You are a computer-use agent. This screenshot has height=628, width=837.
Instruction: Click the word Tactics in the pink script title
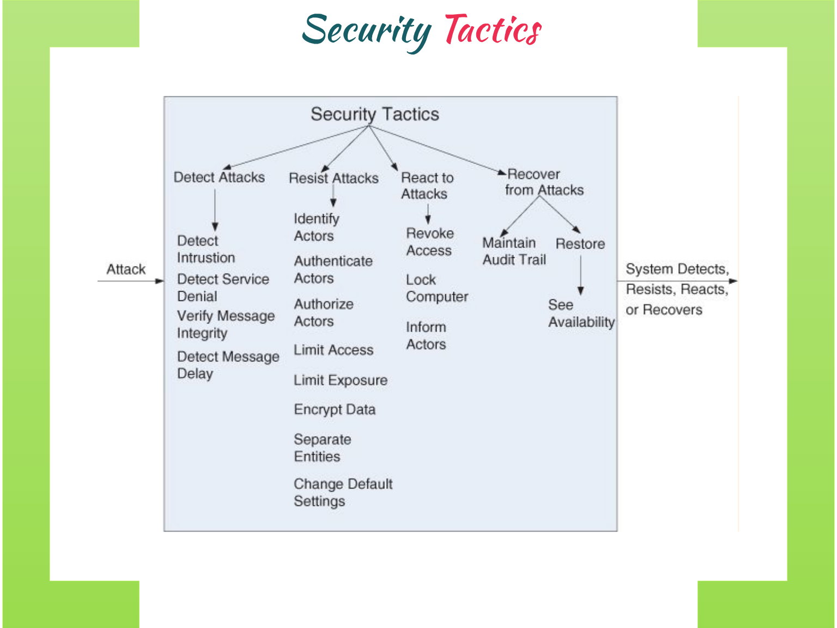click(493, 30)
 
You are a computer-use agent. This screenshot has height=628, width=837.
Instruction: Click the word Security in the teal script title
click(366, 31)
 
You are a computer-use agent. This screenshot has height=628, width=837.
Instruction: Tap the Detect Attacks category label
click(219, 177)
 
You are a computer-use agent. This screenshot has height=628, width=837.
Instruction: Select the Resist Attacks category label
click(333, 178)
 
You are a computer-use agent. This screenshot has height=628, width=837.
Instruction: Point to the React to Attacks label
click(427, 186)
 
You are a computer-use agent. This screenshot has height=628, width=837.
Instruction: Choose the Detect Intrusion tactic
click(205, 249)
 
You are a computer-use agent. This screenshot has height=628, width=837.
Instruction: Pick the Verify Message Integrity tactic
click(226, 324)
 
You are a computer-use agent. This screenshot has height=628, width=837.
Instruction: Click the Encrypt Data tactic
click(335, 409)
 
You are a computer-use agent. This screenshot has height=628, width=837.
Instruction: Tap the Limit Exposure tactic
click(341, 380)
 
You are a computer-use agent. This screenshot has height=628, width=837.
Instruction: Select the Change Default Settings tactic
click(343, 492)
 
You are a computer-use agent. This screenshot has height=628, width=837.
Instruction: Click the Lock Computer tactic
click(436, 288)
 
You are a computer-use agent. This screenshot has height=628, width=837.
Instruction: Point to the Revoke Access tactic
click(429, 242)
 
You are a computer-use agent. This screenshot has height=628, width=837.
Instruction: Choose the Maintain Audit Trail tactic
click(514, 251)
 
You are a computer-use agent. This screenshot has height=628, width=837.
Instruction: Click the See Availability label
click(581, 313)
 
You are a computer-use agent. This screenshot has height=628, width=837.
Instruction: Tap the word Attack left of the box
click(126, 269)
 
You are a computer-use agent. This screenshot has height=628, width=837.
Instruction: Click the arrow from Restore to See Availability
click(581, 275)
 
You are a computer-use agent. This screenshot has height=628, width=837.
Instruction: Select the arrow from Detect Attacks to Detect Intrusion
click(215, 209)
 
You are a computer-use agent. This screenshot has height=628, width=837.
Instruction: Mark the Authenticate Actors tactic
click(333, 269)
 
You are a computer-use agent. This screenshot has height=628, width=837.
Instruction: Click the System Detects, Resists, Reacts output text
click(677, 289)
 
